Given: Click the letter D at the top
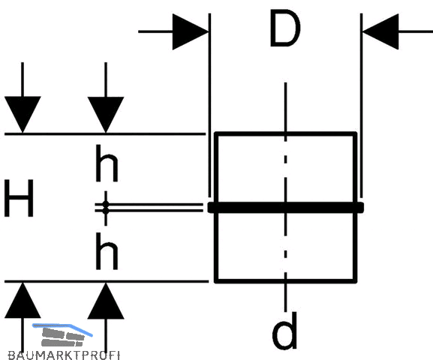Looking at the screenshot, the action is point(284,28).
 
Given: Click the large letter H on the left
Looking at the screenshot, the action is point(19,198).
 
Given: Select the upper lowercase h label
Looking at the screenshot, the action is point(107,163).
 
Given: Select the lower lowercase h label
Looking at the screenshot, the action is point(107,251).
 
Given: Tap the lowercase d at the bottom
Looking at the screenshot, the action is point(284,331).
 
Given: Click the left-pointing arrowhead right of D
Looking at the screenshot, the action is point(380,31).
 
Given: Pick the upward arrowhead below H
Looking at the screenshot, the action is point(23,300).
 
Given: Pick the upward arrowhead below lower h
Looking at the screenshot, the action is point(106,301).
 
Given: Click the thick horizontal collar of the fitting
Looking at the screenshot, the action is point(285,207).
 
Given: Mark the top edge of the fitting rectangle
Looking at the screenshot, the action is point(285,134).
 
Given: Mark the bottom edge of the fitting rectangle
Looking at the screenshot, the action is point(285,281).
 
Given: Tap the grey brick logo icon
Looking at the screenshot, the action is point(63,337).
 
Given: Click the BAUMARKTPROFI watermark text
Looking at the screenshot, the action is point(64,355).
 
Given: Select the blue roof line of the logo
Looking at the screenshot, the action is point(63,329).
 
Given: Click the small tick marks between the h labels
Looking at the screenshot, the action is point(106,208).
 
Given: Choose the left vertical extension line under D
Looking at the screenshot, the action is point(210,106).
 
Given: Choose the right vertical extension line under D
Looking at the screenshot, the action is point(361,106).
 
